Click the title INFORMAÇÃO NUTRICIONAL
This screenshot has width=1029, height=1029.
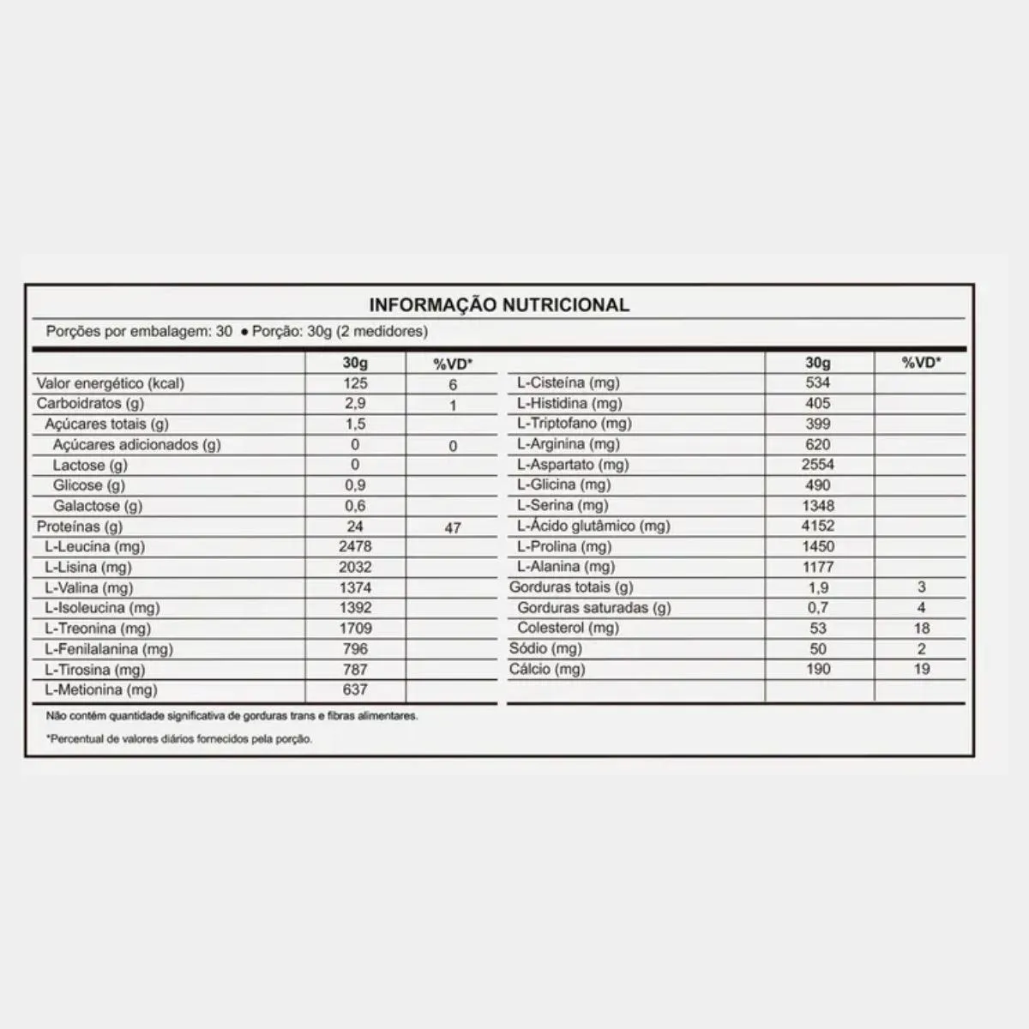pyautogui.click(x=498, y=304)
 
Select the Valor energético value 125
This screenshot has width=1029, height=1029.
pyautogui.click(x=355, y=383)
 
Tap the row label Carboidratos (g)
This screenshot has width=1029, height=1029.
pyautogui.click(x=90, y=403)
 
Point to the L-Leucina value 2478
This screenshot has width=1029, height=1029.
pyautogui.click(x=355, y=546)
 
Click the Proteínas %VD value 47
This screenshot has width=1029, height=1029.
pyautogui.click(x=453, y=528)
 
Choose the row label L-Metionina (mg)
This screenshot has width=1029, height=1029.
pyautogui.click(x=101, y=689)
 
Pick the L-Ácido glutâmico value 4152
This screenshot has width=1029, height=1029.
pyautogui.click(x=818, y=526)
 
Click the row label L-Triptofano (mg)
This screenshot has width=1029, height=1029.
pyautogui.click(x=574, y=423)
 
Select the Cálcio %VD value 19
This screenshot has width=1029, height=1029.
pyautogui.click(x=921, y=669)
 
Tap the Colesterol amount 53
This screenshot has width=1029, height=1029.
pyautogui.click(x=818, y=628)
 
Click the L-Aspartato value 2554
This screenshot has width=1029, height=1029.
pyautogui.click(x=818, y=464)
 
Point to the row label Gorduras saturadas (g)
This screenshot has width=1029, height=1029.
pyautogui.click(x=594, y=607)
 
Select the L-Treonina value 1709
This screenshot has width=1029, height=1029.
pyautogui.click(x=355, y=628)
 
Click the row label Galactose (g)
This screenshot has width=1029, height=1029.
pyautogui.click(x=98, y=506)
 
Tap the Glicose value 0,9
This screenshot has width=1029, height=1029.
pyautogui.click(x=355, y=485)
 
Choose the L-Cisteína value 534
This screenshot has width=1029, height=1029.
pyautogui.click(x=818, y=382)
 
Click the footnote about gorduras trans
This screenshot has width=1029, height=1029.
pyautogui.click(x=232, y=715)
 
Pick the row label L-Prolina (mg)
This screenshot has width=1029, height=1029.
pyautogui.click(x=564, y=546)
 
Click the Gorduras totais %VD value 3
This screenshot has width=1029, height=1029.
pyautogui.click(x=921, y=587)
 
